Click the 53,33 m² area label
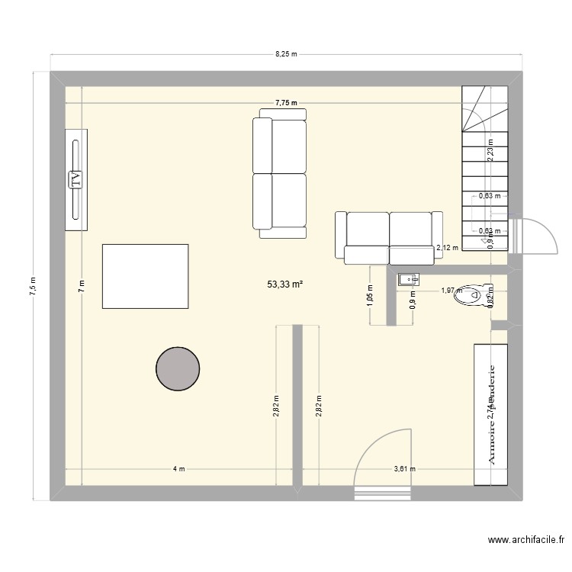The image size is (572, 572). pos(284,284)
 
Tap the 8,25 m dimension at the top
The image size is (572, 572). pos(286,55)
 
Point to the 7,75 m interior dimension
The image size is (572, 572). pos(286,103)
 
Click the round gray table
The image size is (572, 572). pos(178,368)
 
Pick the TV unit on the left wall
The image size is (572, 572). pos(76,179)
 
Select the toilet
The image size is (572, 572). pos(471,296)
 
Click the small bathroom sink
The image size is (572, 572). pos(407,280)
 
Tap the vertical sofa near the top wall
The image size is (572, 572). pos(279,173)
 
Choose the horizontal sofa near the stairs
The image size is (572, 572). pos(389,237)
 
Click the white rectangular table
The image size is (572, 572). pos(145,276)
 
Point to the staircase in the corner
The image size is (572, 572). pos(485,168)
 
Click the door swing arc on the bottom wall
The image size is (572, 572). pos(386,457)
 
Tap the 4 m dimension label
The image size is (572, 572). pos(178,469)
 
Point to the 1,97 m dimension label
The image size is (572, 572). pos(451,290)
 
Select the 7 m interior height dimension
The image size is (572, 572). pos(81,286)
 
